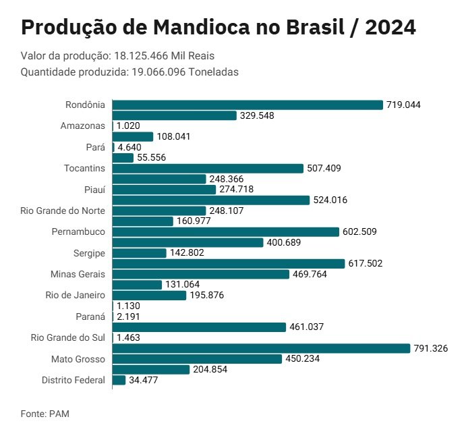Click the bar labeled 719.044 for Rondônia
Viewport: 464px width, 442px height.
248,105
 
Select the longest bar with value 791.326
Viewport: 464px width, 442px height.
261,348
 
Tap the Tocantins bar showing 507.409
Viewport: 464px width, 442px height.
208,168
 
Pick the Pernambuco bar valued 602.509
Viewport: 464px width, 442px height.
225,231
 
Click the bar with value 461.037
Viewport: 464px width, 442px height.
199,327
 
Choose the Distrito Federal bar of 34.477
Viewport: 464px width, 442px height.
119,380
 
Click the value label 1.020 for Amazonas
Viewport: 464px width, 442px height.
128,126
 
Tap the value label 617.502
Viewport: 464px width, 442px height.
365,264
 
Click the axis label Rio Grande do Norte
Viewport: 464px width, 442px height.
63,211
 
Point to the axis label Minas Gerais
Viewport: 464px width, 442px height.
78,274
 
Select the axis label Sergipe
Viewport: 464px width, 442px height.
89,253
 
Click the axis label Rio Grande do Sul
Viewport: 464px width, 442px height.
68,337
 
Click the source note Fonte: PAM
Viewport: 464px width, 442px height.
45,413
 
